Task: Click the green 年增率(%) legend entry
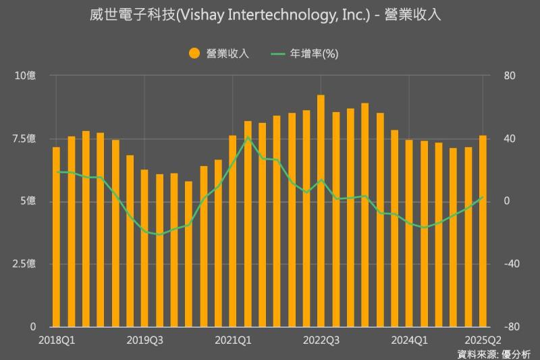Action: click(x=304, y=53)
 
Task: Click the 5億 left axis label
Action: click(x=28, y=201)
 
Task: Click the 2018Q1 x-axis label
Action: click(x=57, y=340)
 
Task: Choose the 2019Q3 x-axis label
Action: click(x=145, y=340)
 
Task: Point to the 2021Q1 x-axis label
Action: click(x=233, y=340)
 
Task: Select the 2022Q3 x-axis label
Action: click(x=321, y=340)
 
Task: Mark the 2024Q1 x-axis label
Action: click(x=409, y=340)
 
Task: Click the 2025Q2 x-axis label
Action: click(x=483, y=340)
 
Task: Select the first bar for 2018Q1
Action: click(x=57, y=236)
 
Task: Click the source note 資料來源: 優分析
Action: click(x=494, y=353)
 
